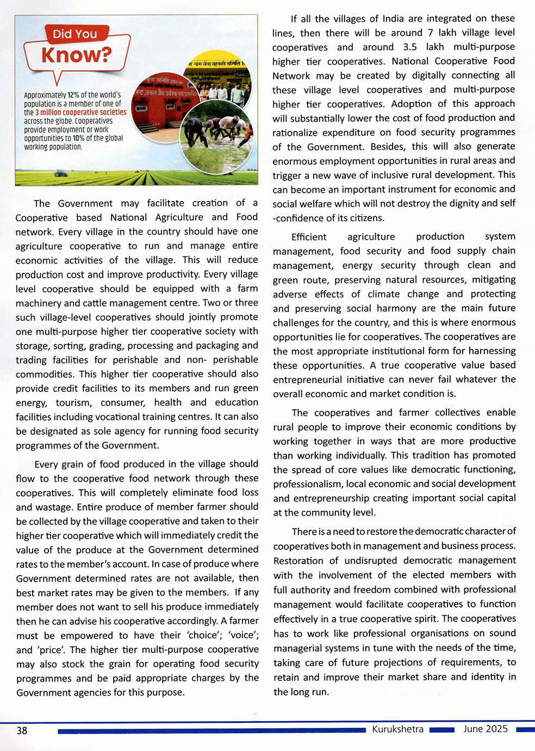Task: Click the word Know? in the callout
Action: [x=76, y=55]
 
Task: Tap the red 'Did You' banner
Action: [x=74, y=34]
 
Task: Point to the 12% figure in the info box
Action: [x=73, y=95]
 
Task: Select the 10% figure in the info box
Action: [x=78, y=138]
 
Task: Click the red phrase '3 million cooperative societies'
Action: [x=80, y=112]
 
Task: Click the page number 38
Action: [x=22, y=730]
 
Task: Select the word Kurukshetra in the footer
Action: [x=397, y=729]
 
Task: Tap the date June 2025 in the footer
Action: [x=485, y=729]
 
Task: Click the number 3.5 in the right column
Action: [x=410, y=47]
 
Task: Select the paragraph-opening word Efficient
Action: [x=309, y=237]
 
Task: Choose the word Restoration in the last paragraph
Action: [x=298, y=561]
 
